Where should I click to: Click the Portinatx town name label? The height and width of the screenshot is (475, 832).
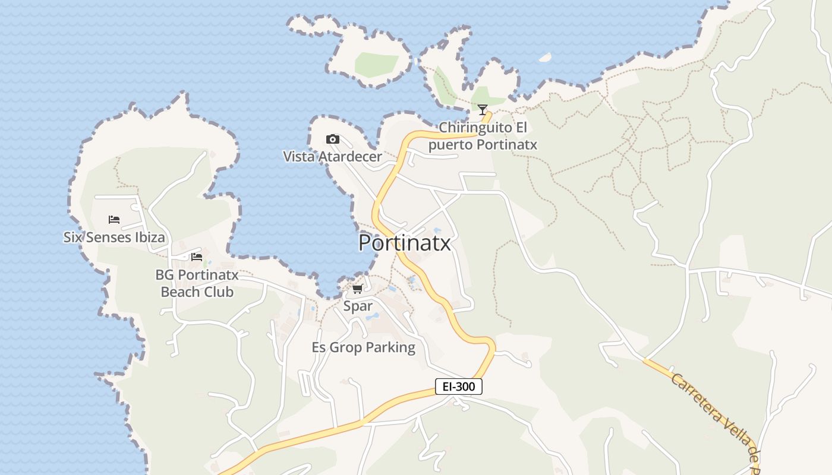405,243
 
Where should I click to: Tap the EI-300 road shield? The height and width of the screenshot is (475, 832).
458,387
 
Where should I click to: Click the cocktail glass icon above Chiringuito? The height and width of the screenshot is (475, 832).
483,110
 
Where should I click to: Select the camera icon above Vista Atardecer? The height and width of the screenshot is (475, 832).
333,140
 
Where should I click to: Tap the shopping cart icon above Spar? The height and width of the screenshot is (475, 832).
357,289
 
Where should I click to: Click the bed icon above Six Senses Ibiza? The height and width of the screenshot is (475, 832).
114,220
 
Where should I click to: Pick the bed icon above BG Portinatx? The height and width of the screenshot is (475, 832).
197,257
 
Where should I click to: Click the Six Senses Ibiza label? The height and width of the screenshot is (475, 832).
114,237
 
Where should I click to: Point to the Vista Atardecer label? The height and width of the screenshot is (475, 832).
332,157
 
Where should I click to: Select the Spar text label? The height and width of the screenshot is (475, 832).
358,306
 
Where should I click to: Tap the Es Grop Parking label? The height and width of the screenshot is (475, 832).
364,347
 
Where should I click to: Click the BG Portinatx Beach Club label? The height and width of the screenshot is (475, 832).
197,284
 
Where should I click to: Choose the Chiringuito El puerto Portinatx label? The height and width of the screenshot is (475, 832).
483,136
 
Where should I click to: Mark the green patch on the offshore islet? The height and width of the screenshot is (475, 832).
376,64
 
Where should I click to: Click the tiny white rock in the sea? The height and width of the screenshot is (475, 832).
545,58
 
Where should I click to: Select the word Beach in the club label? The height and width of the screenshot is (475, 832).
181,292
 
